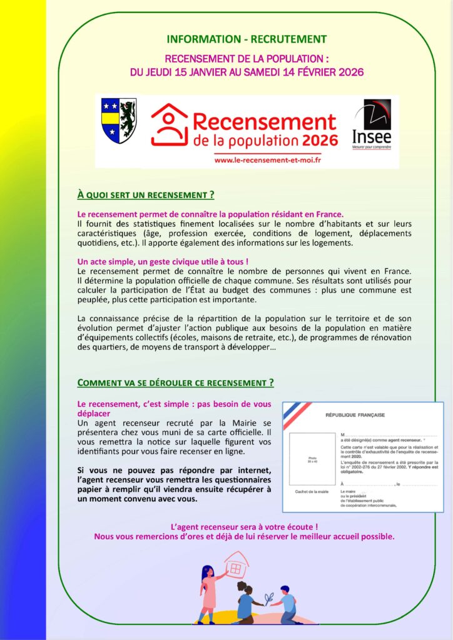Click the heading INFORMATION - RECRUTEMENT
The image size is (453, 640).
[247, 39]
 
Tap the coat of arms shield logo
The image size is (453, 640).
[118, 121]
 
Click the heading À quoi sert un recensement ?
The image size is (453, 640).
[146, 194]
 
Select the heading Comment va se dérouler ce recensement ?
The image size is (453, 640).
[175, 382]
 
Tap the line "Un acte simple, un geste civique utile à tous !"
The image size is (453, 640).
[158, 261]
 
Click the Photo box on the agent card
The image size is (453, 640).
[313, 459]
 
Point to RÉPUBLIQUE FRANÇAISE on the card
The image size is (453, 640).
[347, 415]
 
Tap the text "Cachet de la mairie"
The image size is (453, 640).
[312, 492]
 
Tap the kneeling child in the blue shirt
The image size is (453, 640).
[288, 605]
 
